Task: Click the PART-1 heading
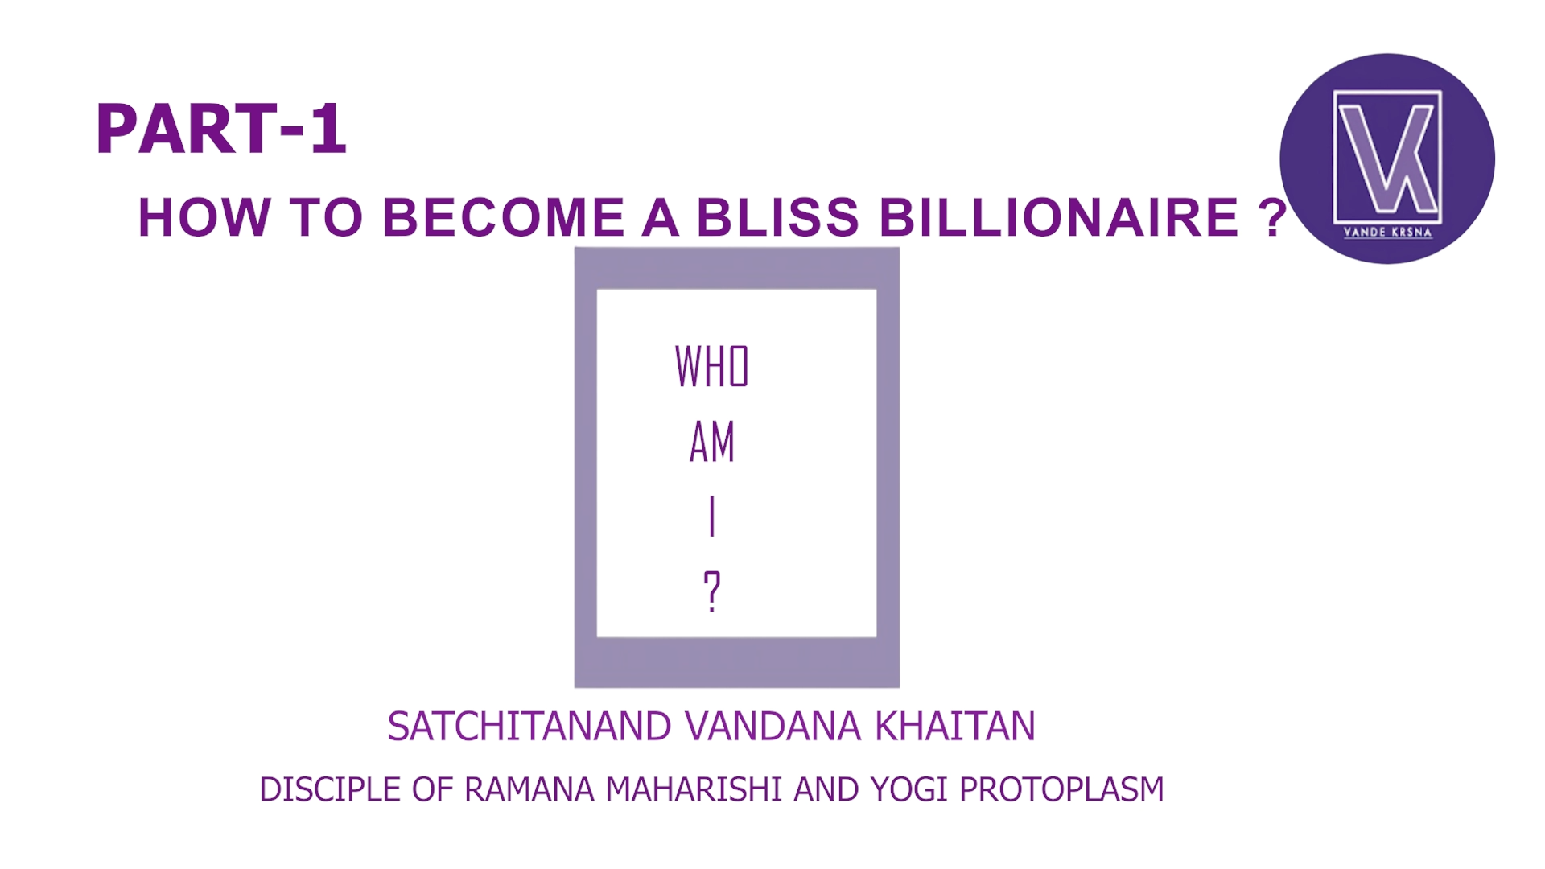click(x=221, y=129)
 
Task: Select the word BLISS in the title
click(x=778, y=217)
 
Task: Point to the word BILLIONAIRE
click(x=1058, y=217)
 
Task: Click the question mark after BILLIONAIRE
click(x=1271, y=217)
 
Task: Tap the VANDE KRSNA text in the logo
click(x=1388, y=233)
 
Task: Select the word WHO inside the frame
click(x=712, y=367)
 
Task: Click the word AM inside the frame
click(x=712, y=442)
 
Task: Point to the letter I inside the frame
click(x=712, y=517)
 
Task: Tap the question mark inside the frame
click(x=712, y=591)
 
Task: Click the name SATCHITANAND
click(x=529, y=727)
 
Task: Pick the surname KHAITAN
click(x=955, y=727)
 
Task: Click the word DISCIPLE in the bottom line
click(x=331, y=790)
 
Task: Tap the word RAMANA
click(x=529, y=790)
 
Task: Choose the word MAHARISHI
click(x=694, y=790)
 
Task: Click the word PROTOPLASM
click(x=1061, y=790)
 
